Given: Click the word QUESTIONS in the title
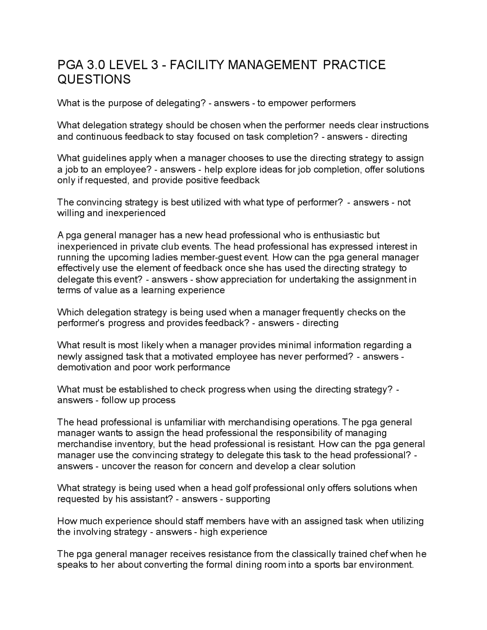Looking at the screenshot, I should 94,80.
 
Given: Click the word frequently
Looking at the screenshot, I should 323,312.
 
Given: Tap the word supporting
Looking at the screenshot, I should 248,499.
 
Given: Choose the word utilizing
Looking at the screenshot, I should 407,521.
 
